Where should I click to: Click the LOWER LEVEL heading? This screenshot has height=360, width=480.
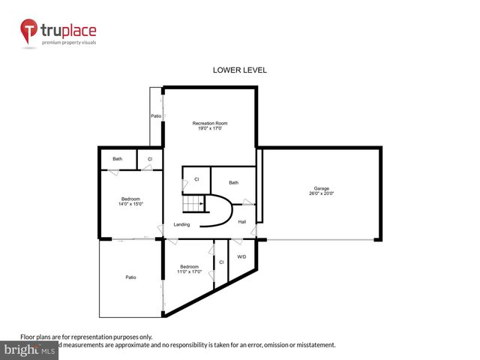(x=240, y=70)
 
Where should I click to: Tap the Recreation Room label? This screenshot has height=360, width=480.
(x=210, y=123)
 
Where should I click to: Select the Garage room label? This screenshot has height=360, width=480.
(x=321, y=188)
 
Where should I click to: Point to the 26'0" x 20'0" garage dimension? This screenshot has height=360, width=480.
(x=321, y=194)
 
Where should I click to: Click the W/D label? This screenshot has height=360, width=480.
(x=241, y=257)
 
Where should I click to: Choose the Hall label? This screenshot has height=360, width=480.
(x=241, y=222)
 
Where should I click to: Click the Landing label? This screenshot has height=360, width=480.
(x=181, y=224)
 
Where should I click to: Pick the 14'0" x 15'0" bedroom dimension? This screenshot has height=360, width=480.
(x=130, y=204)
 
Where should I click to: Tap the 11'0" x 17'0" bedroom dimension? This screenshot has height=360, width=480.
(x=189, y=271)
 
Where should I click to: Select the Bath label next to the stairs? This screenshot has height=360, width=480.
(x=233, y=182)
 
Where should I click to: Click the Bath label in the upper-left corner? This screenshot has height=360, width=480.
(x=118, y=159)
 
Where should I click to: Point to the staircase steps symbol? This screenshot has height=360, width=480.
(x=196, y=204)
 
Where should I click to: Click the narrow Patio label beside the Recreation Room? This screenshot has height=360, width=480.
(x=156, y=116)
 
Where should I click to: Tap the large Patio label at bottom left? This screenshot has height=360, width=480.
(x=130, y=277)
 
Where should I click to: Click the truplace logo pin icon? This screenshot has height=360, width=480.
(x=29, y=31)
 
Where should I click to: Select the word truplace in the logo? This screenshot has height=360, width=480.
(x=69, y=31)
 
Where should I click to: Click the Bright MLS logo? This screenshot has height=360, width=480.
(x=30, y=350)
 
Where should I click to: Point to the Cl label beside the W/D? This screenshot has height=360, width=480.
(x=221, y=262)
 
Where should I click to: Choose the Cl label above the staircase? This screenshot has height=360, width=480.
(x=196, y=179)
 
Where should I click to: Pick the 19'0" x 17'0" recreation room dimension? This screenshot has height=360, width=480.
(x=210, y=129)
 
